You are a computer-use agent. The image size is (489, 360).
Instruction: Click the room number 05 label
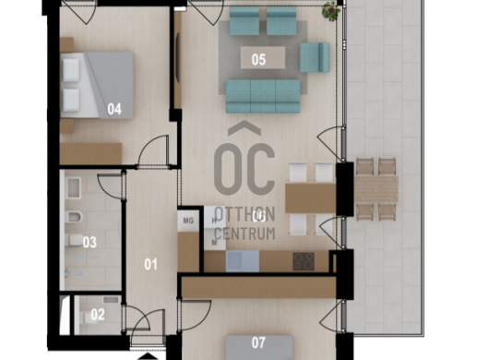(x=258, y=59)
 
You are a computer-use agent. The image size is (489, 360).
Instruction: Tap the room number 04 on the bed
(x=114, y=109)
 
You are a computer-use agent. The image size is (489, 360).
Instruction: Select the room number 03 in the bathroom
(x=89, y=243)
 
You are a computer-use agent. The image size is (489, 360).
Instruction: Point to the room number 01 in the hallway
(x=150, y=265)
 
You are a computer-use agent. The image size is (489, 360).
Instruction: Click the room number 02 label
(x=98, y=315)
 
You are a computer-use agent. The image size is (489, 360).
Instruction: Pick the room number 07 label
(x=258, y=342)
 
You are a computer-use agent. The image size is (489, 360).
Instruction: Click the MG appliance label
(x=188, y=221)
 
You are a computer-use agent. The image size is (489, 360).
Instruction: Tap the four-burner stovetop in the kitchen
(x=304, y=261)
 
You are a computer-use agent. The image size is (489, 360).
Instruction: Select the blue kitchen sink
(x=243, y=261)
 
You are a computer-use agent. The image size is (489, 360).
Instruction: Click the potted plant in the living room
(x=331, y=11)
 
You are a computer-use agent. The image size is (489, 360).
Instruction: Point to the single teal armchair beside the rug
(x=315, y=57)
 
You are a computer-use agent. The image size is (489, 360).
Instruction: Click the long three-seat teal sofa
(x=263, y=96)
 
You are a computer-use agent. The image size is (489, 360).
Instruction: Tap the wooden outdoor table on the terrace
(x=376, y=189)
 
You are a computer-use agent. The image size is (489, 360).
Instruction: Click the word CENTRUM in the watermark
(x=245, y=234)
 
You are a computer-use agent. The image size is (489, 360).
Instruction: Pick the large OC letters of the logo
(x=244, y=169)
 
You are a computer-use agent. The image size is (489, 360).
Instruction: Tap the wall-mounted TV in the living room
(x=178, y=58)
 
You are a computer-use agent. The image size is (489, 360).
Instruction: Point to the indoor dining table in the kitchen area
(x=310, y=198)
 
